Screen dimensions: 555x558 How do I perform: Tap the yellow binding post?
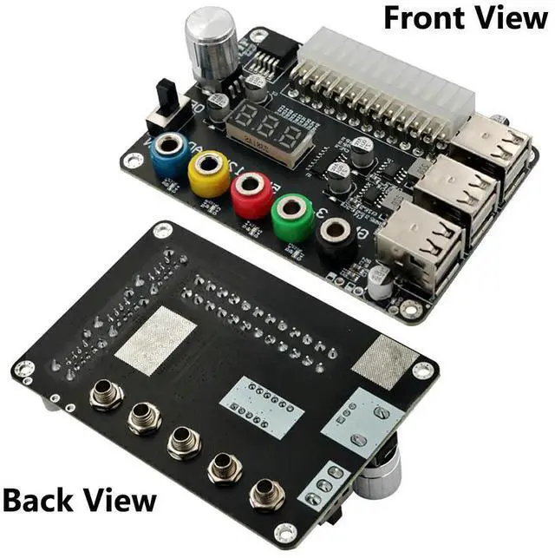point(209,169)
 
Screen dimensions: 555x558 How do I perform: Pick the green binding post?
point(292,215)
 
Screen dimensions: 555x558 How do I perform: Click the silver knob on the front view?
point(211,45)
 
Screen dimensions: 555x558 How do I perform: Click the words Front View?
point(465,16)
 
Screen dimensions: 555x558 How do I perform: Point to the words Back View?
point(79,501)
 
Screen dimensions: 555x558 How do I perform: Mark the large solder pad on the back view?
point(155,339)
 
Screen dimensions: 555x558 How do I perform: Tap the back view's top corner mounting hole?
point(162,230)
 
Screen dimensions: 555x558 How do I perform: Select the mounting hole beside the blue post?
point(133,161)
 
